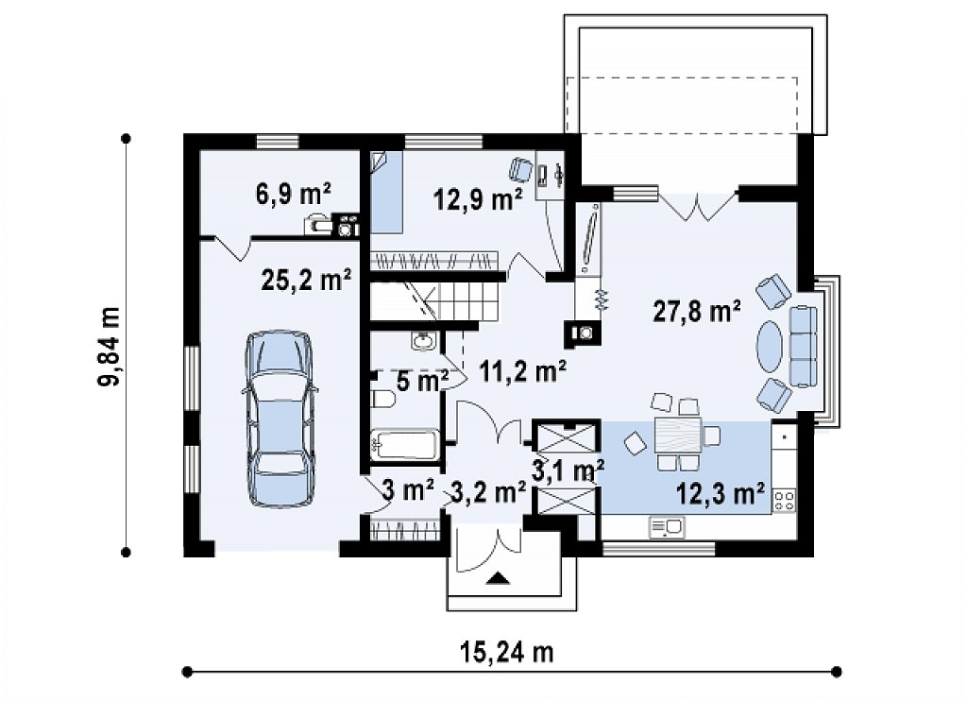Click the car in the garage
(x=280, y=419)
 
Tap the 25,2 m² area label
(x=307, y=280)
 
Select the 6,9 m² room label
(x=293, y=194)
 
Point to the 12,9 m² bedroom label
(x=478, y=198)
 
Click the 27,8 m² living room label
(x=697, y=312)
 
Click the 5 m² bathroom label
(x=422, y=382)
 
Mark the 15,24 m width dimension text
(x=507, y=652)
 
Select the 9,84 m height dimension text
(x=110, y=346)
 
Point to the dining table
(x=678, y=435)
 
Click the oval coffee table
(x=771, y=346)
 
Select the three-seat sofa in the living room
(x=804, y=346)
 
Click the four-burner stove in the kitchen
(x=785, y=500)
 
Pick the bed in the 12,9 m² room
(x=386, y=192)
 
